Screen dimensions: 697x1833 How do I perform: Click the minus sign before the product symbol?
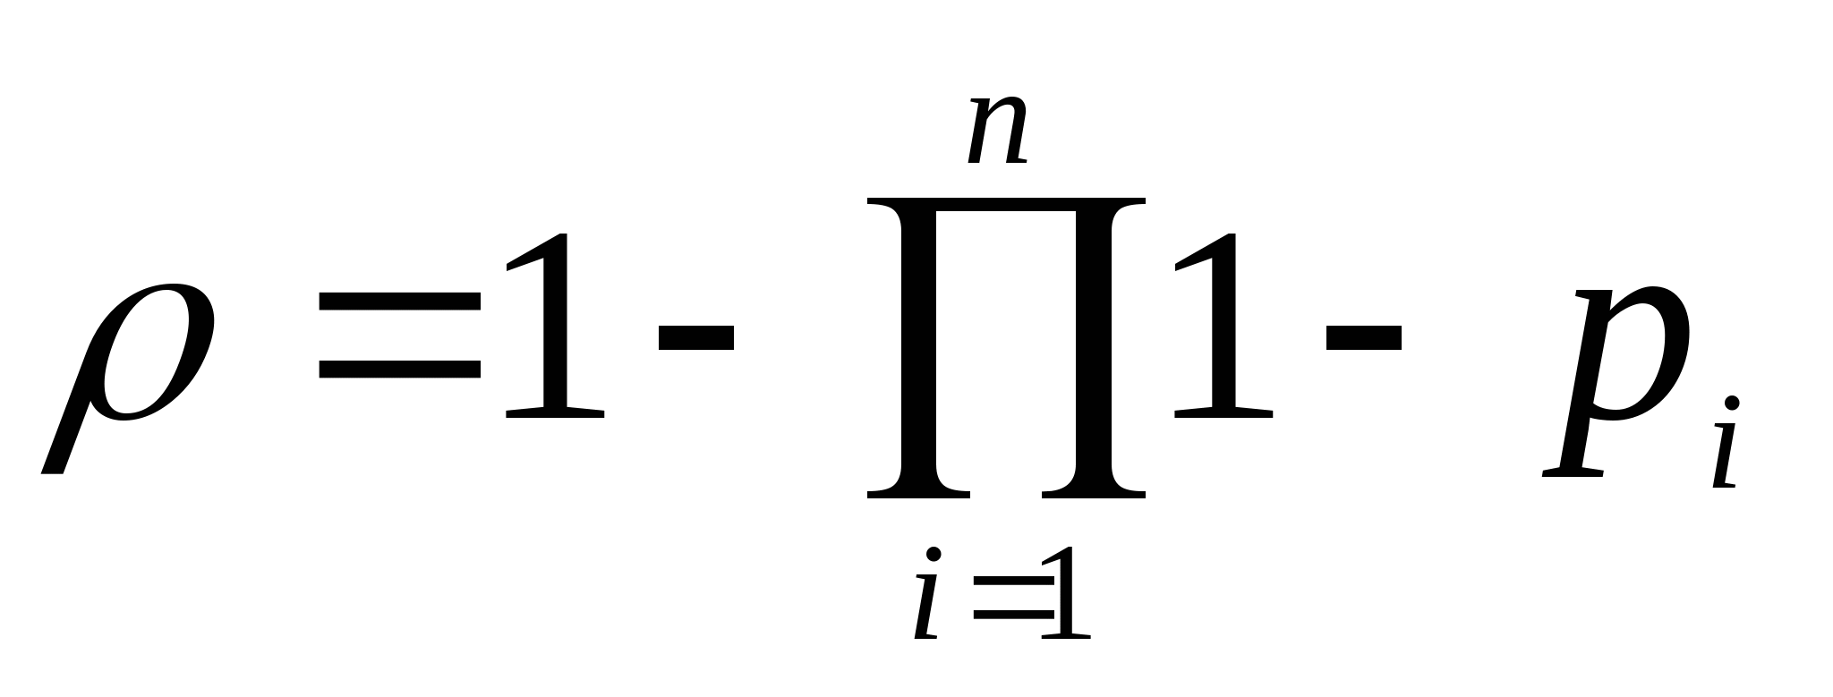(696, 337)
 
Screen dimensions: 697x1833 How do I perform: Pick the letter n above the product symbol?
(997, 132)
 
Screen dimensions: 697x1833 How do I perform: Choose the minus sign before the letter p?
(1363, 337)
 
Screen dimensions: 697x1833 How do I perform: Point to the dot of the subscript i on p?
(1732, 404)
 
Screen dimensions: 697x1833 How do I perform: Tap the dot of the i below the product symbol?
(934, 555)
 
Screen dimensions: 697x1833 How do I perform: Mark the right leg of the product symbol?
(1095, 349)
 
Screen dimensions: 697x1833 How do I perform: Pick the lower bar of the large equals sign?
(400, 369)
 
